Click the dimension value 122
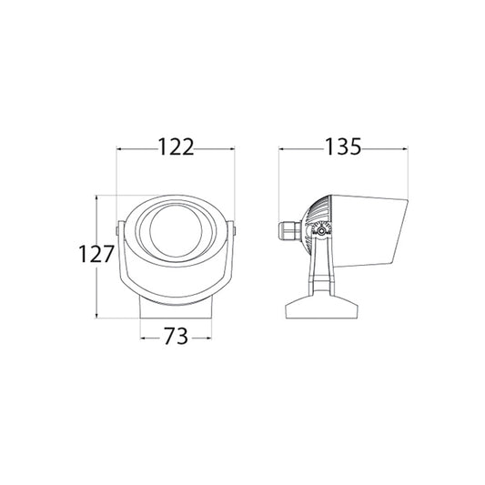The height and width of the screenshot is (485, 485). (x=176, y=147)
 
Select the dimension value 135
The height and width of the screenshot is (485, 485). (x=343, y=147)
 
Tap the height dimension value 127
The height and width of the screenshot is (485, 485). (x=96, y=254)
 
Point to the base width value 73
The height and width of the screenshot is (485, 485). (x=176, y=336)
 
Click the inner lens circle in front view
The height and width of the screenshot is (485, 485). (x=176, y=230)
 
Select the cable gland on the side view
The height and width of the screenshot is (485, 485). (x=290, y=231)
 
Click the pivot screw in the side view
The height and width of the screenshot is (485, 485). (x=322, y=230)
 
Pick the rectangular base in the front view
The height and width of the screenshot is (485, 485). (x=176, y=308)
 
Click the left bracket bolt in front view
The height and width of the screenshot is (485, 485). (x=116, y=231)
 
